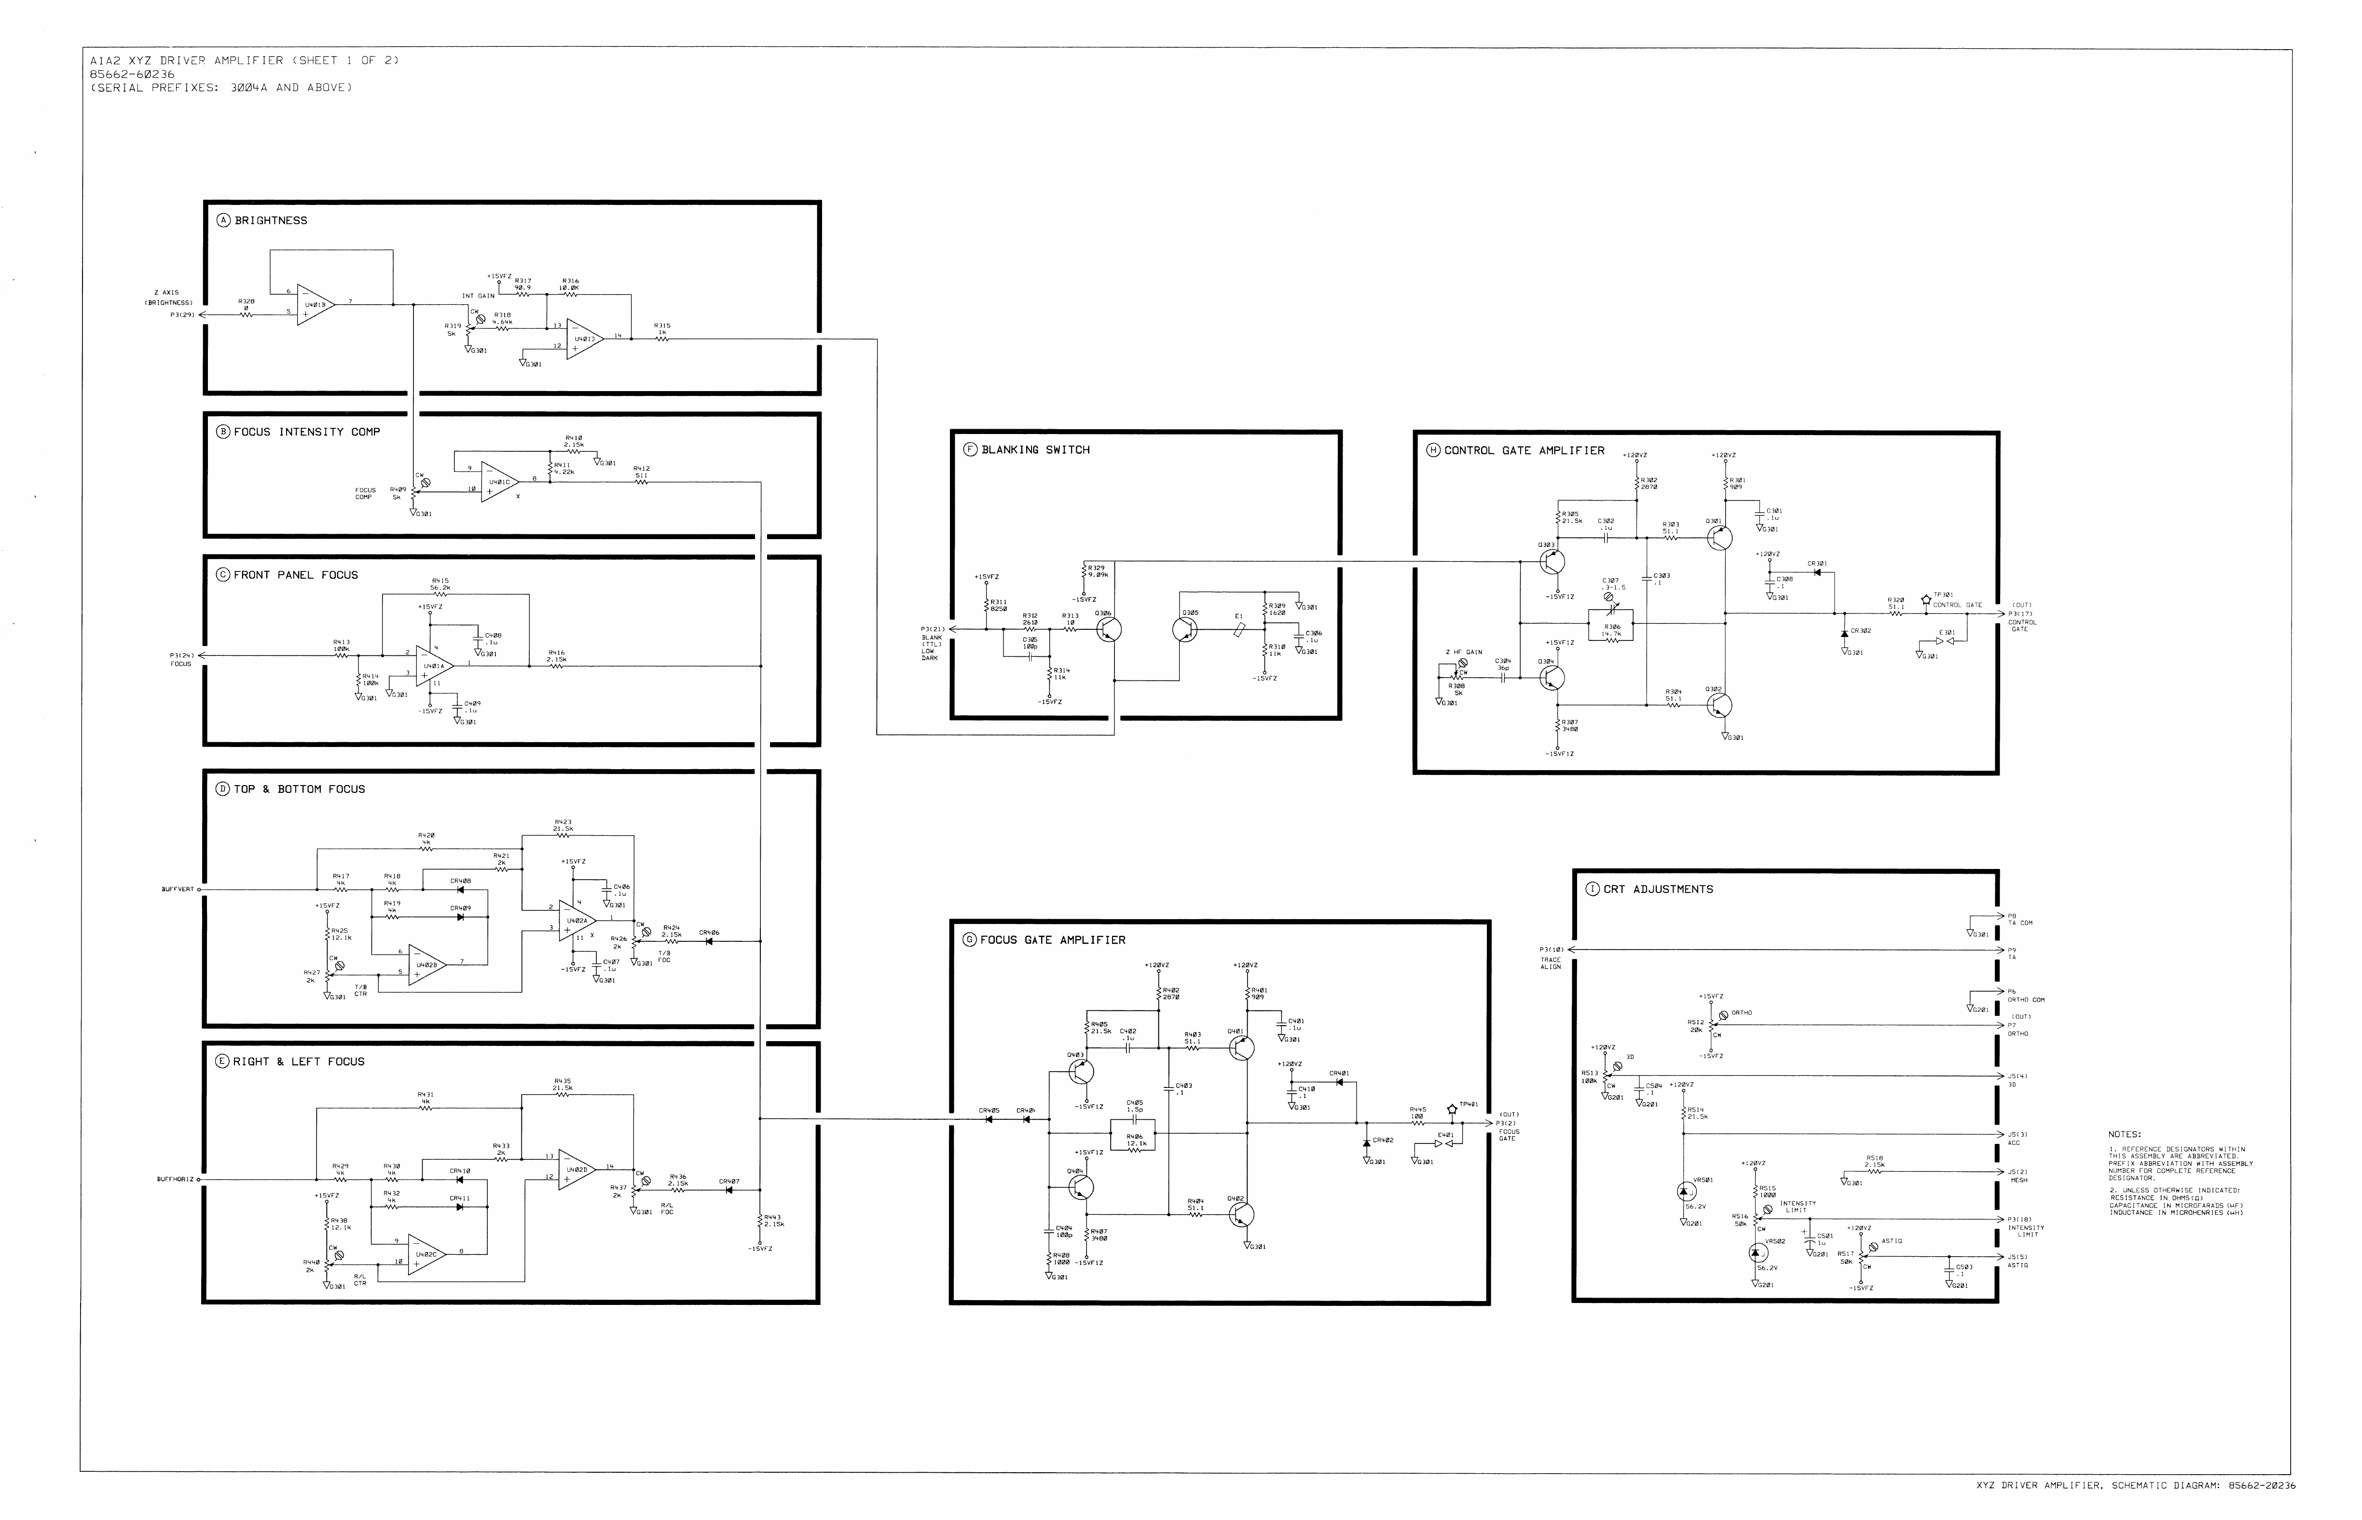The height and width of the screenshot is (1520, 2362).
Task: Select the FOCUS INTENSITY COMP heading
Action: [x=307, y=431]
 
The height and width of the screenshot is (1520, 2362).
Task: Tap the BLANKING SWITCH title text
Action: [x=1035, y=449]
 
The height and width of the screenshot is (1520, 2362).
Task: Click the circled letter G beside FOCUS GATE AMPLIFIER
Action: [x=970, y=940]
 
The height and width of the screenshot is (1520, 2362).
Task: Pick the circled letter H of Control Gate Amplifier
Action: [x=1433, y=450]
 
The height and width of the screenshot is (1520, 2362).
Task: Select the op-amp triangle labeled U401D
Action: [x=584, y=339]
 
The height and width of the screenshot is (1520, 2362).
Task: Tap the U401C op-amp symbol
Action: [x=499, y=483]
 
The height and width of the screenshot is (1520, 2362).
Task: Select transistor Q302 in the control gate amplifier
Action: [x=1719, y=705]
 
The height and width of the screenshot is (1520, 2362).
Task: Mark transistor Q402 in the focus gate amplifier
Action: [x=1241, y=1214]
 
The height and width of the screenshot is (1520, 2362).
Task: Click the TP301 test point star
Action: [x=1925, y=599]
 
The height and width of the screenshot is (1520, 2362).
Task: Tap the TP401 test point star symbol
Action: [x=1451, y=1110]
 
